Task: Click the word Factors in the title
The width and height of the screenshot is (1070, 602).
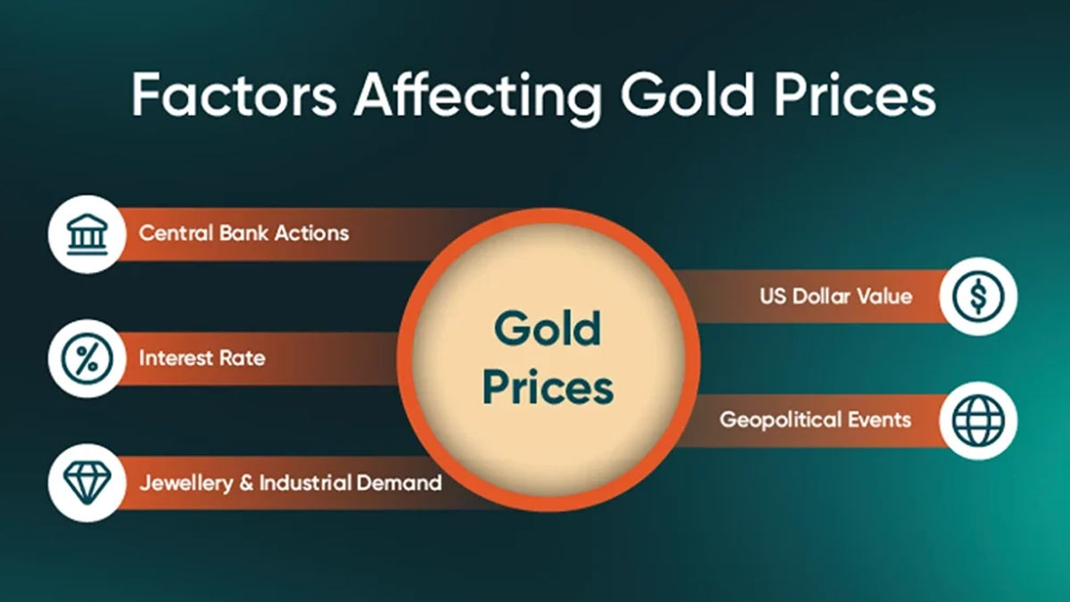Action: coord(234,94)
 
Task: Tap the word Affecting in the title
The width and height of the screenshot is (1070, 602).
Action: coord(477,98)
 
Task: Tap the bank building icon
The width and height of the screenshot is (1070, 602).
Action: coord(87,234)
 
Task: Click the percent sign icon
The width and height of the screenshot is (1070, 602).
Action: coord(87,359)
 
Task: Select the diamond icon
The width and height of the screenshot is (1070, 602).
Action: coord(87,483)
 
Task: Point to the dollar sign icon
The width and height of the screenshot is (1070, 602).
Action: coord(978,296)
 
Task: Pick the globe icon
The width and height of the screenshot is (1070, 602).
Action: coord(978,420)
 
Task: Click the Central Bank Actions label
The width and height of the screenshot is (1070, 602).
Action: coord(244,233)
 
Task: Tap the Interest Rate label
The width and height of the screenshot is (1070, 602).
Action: coord(202,358)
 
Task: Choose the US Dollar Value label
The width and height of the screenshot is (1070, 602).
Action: coord(836,296)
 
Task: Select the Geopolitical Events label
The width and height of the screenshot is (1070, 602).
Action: coord(815,420)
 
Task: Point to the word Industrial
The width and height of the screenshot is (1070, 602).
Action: coord(305,482)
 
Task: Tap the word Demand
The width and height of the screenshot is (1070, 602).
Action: coord(399,482)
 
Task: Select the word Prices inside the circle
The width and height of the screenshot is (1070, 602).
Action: coord(547,386)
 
